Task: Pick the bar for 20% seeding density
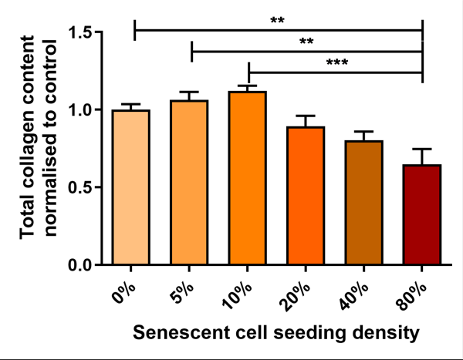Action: [305, 196]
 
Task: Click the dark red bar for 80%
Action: [421, 215]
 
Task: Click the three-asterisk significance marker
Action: [336, 62]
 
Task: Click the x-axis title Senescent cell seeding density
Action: [275, 333]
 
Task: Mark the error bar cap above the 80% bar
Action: [421, 149]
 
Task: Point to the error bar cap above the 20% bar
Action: [305, 116]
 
